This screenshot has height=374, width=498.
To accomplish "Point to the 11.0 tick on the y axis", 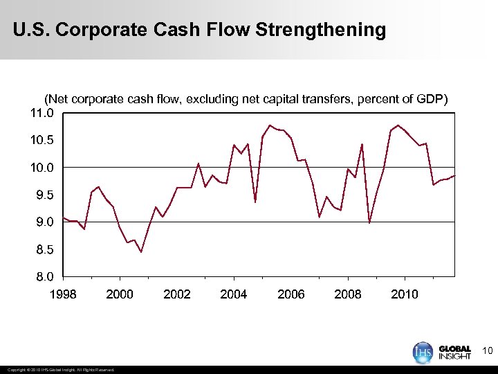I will click(41, 113).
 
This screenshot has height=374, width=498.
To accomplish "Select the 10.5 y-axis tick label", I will click(41, 141).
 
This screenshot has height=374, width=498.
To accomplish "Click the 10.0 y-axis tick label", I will click(41, 168).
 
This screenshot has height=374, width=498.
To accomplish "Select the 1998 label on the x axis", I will click(63, 294).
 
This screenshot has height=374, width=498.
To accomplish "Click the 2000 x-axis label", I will click(120, 294).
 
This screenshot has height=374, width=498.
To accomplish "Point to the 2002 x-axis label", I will click(177, 294).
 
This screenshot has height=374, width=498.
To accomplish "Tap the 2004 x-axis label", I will click(234, 294).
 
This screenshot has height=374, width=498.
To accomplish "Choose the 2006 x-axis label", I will click(290, 294).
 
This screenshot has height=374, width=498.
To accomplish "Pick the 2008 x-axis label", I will click(348, 294).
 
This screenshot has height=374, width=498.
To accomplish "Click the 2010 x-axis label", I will click(405, 294).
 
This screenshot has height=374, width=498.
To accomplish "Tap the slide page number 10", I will click(487, 351).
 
